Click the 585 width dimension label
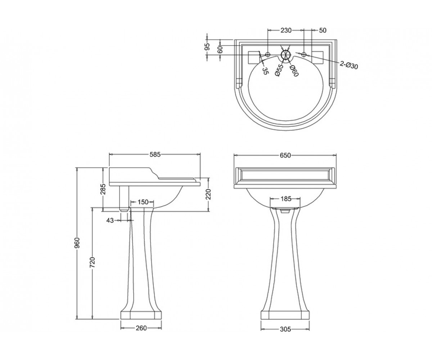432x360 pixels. [x=155, y=154]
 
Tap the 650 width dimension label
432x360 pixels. [x=285, y=155]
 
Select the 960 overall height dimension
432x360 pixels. [x=77, y=243]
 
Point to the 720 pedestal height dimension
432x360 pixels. [x=92, y=262]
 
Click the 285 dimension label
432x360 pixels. [x=103, y=189]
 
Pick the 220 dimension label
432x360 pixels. [x=208, y=194]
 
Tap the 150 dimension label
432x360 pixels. [x=143, y=202]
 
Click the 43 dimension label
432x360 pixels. [x=110, y=221]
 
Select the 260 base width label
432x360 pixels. [x=141, y=328]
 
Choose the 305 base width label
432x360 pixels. [x=285, y=329]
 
